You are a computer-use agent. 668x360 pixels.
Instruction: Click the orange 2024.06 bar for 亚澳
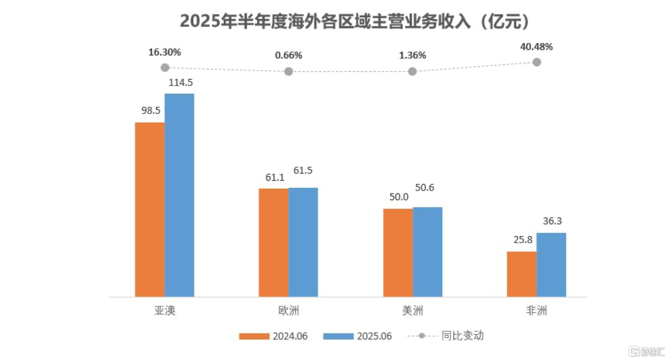click(x=150, y=209)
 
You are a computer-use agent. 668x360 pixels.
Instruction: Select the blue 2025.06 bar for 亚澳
click(x=180, y=195)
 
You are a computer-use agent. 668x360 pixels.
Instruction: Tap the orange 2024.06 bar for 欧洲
click(x=273, y=242)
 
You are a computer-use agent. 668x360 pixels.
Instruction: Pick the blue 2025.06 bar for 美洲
click(x=427, y=252)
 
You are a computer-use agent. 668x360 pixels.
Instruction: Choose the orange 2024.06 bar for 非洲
click(x=521, y=274)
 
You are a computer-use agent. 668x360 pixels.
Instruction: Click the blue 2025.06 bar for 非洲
click(x=551, y=265)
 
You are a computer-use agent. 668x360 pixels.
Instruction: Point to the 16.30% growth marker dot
click(x=165, y=67)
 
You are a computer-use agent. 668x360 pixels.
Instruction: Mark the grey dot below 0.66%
click(x=288, y=72)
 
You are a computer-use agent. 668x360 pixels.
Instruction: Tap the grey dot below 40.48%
click(x=536, y=62)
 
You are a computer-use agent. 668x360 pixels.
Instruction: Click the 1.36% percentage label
click(x=412, y=55)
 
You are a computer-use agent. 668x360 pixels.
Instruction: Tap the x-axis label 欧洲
click(x=288, y=311)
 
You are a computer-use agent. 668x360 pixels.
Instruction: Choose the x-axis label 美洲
click(x=412, y=311)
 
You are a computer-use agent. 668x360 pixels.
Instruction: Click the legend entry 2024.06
click(x=273, y=336)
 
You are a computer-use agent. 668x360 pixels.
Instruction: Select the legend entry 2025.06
click(x=357, y=336)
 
